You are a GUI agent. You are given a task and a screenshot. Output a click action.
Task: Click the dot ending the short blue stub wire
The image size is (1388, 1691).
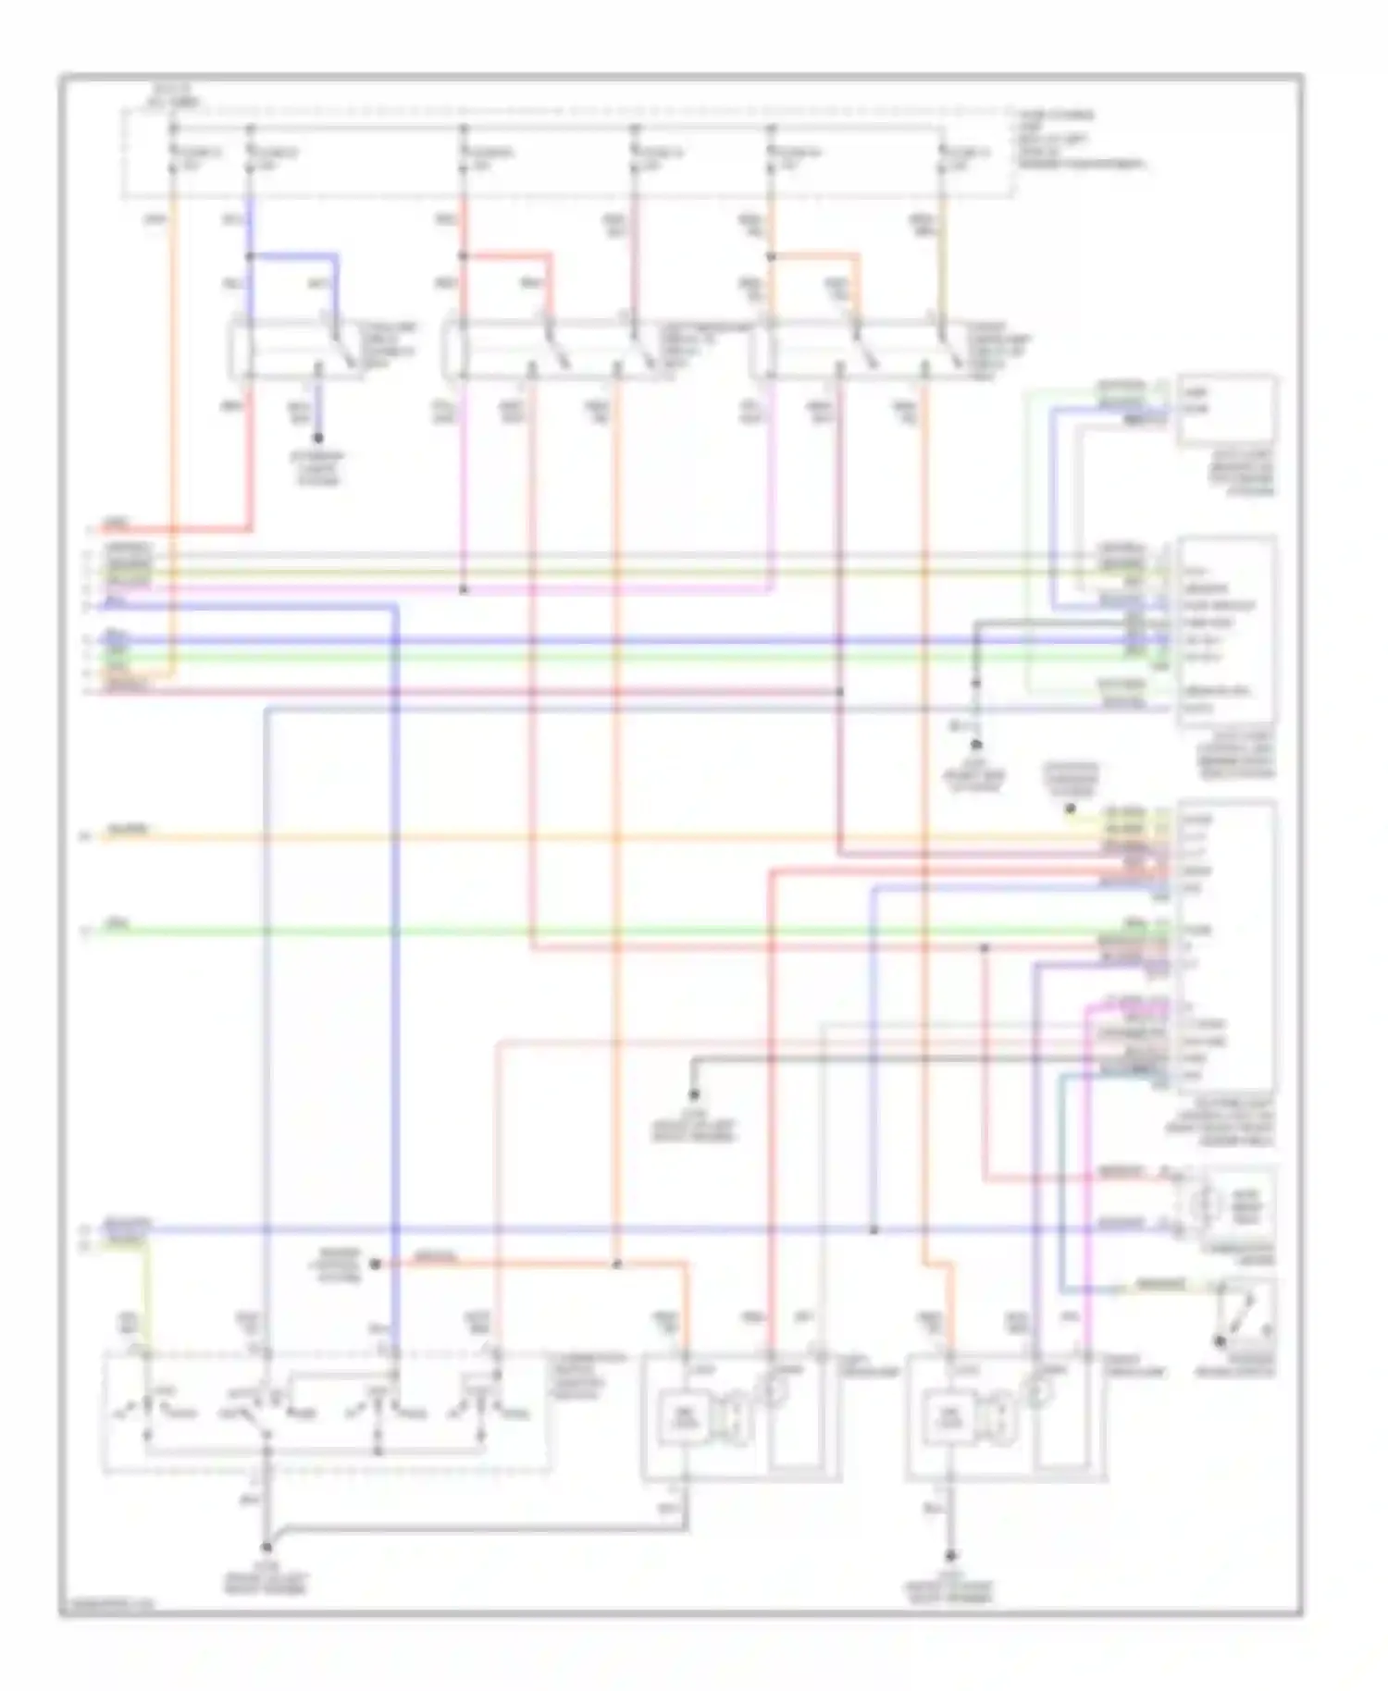click(x=317, y=437)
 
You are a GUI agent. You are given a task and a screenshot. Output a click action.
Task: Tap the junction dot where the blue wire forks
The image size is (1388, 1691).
click(x=250, y=256)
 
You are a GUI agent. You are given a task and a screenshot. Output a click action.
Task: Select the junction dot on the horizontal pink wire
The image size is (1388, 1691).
click(x=464, y=589)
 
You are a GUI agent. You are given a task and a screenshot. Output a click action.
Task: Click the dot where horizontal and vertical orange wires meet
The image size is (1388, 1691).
click(x=617, y=1264)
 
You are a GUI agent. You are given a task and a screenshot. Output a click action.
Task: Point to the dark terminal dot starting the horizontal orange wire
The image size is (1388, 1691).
click(x=376, y=1264)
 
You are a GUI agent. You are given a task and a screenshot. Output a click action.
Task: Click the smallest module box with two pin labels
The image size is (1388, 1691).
click(x=1227, y=410)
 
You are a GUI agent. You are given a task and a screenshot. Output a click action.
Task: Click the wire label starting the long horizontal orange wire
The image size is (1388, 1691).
click(x=128, y=830)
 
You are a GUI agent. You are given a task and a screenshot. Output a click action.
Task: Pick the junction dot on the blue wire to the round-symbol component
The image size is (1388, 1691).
click(x=873, y=1230)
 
